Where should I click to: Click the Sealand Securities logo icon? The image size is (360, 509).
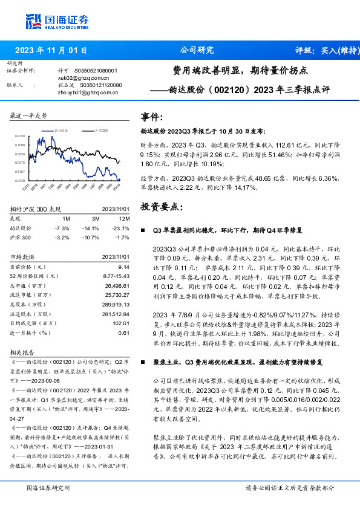(x=33, y=21)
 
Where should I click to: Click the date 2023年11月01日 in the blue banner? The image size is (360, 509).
(x=51, y=51)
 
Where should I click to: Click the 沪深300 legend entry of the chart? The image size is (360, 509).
(x=100, y=131)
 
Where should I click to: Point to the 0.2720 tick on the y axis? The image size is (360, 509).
(x=19, y=137)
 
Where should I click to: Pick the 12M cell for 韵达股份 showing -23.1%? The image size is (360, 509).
(x=120, y=229)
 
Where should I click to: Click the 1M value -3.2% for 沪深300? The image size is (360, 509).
(x=63, y=238)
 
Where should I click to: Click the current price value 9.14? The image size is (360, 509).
(x=123, y=267)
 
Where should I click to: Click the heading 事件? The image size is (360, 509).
(x=151, y=116)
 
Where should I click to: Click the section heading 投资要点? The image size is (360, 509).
(x=160, y=207)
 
